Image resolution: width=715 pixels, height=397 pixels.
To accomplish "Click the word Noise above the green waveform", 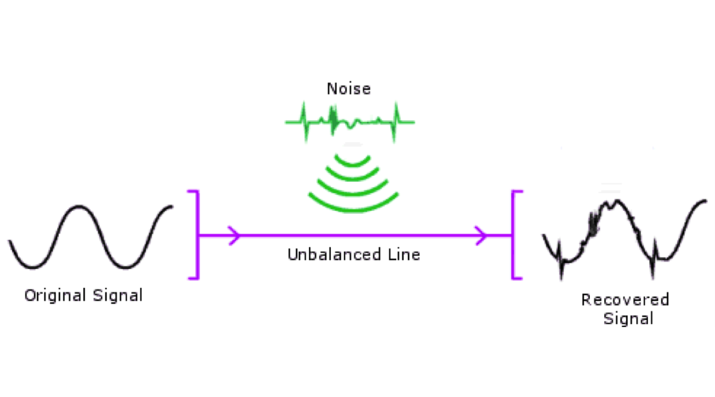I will click(x=349, y=88).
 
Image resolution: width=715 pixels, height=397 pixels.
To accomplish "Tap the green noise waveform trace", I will click(x=350, y=121).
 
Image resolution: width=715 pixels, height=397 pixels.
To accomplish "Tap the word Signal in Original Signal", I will click(x=117, y=296).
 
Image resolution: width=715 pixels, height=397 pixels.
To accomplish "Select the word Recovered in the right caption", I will click(x=625, y=299).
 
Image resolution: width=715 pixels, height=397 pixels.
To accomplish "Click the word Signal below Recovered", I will click(x=628, y=318).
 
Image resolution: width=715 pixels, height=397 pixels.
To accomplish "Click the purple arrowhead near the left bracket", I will click(x=234, y=235).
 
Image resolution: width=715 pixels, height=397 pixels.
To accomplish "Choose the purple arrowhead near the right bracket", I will click(x=481, y=235).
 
